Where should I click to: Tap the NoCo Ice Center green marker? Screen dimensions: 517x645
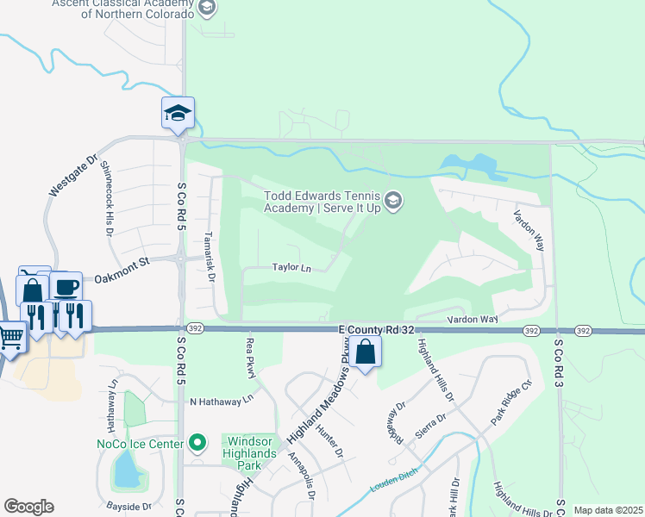coord(197,444)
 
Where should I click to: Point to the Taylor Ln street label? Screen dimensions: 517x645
coord(291,268)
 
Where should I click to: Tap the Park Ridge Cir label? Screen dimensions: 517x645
coord(512,401)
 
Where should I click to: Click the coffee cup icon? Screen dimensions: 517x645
coord(66,285)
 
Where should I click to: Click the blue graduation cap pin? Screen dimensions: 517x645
coord(178,113)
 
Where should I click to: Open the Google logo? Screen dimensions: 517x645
coord(28,507)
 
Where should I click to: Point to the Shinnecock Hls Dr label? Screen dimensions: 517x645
coord(108,191)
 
